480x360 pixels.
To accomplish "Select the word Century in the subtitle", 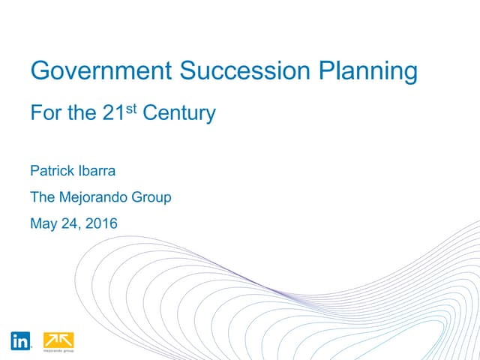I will click(x=179, y=114).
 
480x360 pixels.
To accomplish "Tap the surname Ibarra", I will click(x=100, y=172).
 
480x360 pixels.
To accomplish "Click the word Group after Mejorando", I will click(x=152, y=198).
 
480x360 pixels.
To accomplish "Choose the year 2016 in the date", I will click(x=100, y=223).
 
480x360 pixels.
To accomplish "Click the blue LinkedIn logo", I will click(x=21, y=340).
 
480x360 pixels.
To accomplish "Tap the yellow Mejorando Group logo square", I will click(x=58, y=339).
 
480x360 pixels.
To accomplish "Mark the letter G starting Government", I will click(x=39, y=71).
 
